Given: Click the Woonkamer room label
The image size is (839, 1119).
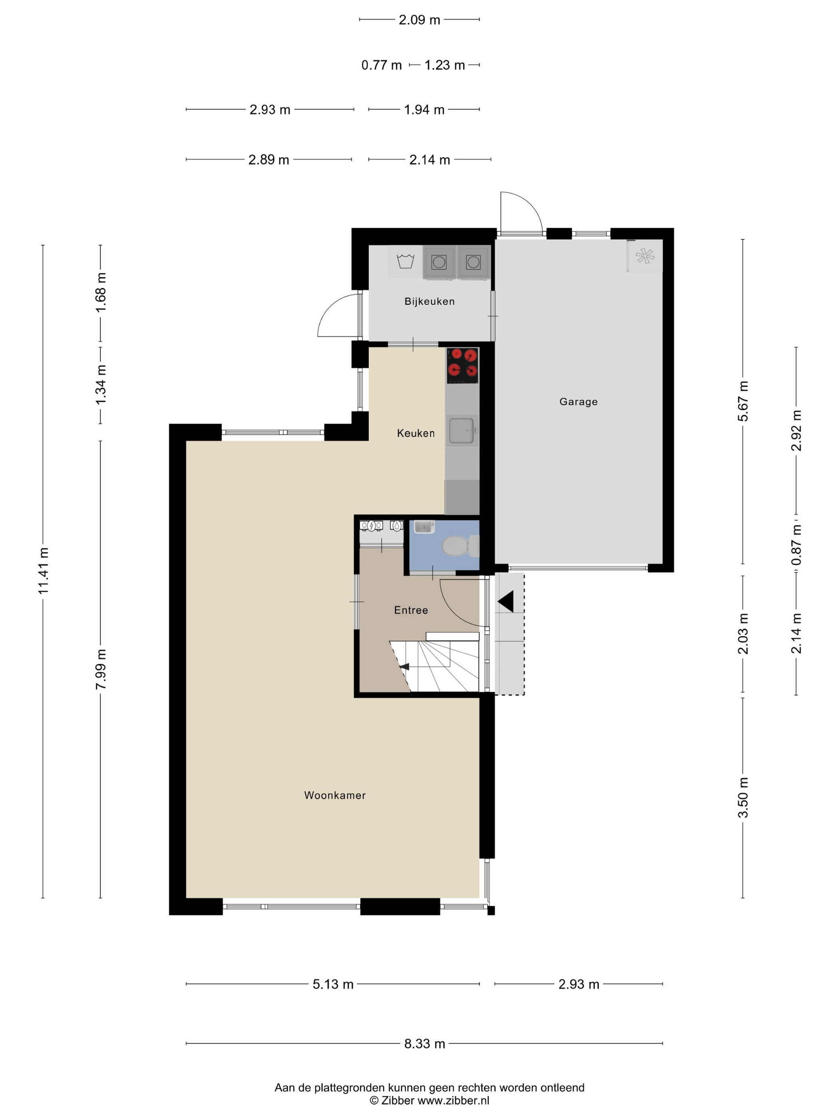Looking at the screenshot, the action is pyautogui.click(x=335, y=795).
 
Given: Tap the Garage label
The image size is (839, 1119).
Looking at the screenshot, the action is pyautogui.click(x=579, y=402).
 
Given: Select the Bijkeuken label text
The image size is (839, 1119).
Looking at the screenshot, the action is pyautogui.click(x=429, y=301).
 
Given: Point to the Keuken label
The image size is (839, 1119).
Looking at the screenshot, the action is pyautogui.click(x=416, y=433).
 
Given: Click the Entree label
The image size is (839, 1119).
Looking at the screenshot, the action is pyautogui.click(x=411, y=610).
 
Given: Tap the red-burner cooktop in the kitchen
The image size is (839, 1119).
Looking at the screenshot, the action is pyautogui.click(x=462, y=365).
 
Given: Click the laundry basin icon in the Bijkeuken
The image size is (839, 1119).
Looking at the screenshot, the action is pyautogui.click(x=406, y=261).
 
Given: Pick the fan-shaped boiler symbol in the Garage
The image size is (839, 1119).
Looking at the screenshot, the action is pyautogui.click(x=645, y=256).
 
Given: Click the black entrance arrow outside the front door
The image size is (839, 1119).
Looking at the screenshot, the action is pyautogui.click(x=506, y=601).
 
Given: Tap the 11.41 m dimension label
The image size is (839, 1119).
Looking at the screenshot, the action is pyautogui.click(x=43, y=571).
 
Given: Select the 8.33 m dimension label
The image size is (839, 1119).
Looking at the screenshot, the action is pyautogui.click(x=424, y=1043).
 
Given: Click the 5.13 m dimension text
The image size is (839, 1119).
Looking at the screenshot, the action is pyautogui.click(x=333, y=984).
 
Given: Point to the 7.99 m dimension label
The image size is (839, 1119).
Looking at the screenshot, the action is pyautogui.click(x=101, y=669).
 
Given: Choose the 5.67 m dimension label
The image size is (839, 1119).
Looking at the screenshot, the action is pyautogui.click(x=743, y=401).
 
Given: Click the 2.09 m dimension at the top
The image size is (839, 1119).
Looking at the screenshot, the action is pyautogui.click(x=419, y=20).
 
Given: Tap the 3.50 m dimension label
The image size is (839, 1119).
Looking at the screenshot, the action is pyautogui.click(x=743, y=797).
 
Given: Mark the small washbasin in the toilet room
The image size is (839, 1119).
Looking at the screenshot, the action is pyautogui.click(x=424, y=527).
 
